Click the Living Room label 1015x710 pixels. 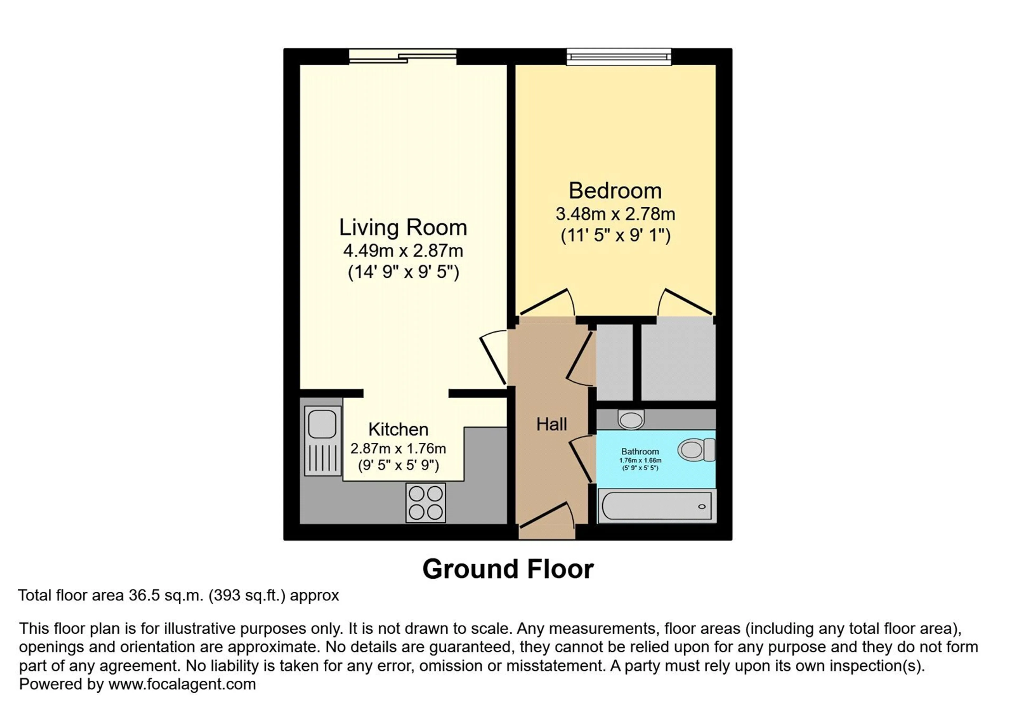click(403, 227)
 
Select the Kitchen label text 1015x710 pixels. click(398, 429)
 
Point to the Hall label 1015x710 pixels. click(551, 425)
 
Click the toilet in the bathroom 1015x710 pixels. click(696, 450)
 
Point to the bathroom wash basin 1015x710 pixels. click(631, 419)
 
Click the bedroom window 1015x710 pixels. click(619, 57)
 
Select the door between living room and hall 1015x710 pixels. click(493, 357)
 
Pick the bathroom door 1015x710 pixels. click(580, 459)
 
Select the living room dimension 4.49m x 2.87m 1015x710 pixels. click(403, 251)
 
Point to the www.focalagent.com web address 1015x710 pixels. click(182, 684)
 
